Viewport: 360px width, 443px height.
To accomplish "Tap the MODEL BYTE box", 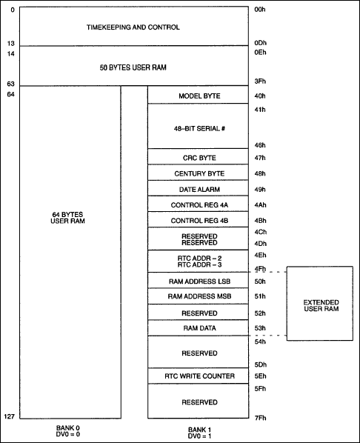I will pos(199,96).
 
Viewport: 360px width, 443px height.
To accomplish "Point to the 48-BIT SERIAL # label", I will pos(199,127).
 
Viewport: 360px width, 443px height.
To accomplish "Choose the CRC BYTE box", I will pos(199,158).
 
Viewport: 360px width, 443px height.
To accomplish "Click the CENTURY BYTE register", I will pos(199,173).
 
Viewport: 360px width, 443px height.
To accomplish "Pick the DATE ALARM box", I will pos(199,189).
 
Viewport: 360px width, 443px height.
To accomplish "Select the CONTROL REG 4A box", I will pos(199,204).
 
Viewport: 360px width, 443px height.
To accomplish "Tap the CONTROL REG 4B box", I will pos(199,220).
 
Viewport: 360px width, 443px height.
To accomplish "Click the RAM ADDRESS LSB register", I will pos(199,282).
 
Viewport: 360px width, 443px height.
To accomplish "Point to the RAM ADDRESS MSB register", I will pos(199,296).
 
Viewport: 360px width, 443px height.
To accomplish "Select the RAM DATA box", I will pos(199,327).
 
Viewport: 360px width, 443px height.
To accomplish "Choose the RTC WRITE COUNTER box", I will pos(199,376).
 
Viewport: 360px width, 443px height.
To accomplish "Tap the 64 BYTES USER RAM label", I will pos(70,219).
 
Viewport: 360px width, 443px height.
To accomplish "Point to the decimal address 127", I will pos(10,416).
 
